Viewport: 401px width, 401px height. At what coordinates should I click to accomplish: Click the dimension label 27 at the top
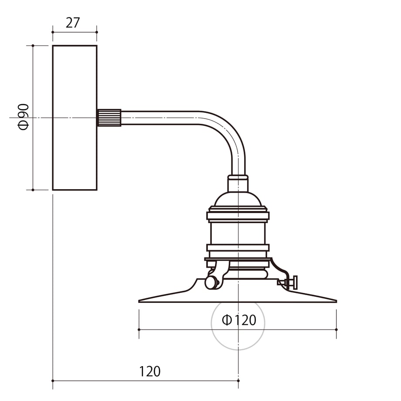(73, 23)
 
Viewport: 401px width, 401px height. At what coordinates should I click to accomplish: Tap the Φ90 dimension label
(24, 117)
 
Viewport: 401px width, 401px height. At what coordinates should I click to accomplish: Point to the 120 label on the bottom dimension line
(150, 371)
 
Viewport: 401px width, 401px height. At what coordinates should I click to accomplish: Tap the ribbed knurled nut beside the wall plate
(109, 118)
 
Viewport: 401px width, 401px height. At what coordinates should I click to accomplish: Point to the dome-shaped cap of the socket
(238, 199)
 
